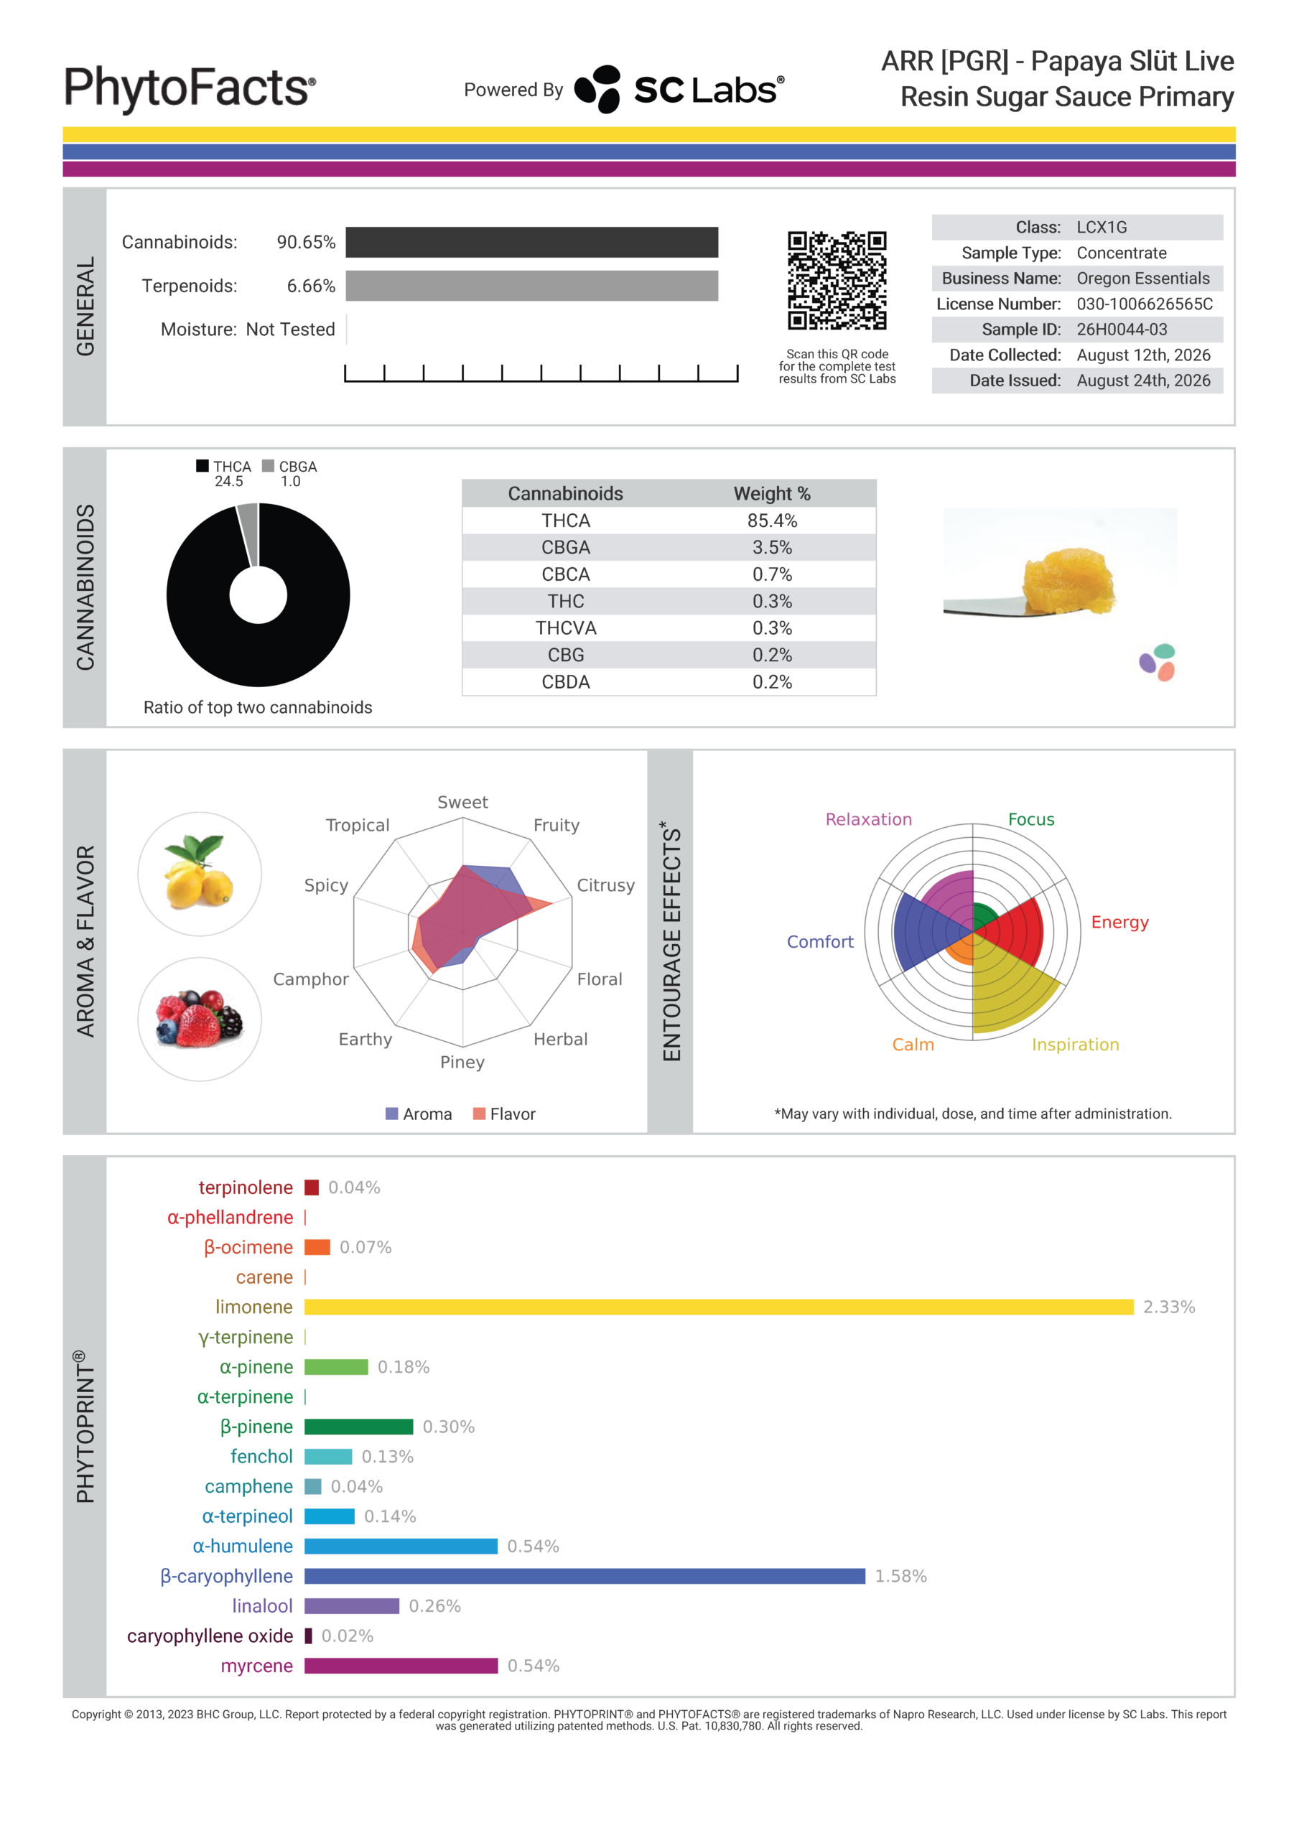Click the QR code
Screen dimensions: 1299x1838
click(837, 281)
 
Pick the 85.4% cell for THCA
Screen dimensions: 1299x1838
click(772, 521)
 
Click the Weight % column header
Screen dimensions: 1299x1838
click(772, 493)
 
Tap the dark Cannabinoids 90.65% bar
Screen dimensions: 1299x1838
click(532, 242)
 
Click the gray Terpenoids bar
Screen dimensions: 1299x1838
click(532, 286)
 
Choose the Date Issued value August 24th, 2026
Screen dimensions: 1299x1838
click(1143, 381)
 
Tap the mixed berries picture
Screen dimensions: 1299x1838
click(200, 1019)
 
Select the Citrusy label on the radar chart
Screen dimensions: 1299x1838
click(605, 885)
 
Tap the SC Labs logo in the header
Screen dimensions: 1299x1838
click(679, 89)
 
